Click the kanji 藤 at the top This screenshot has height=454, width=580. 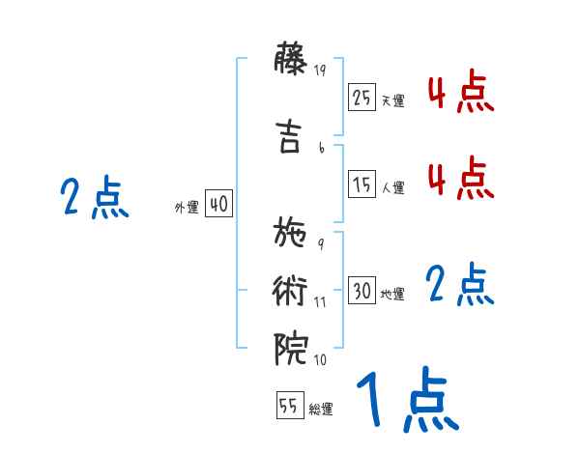(x=291, y=61)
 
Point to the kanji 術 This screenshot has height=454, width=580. (x=291, y=290)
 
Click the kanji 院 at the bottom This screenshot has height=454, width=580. (x=291, y=348)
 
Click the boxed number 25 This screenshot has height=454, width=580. (x=362, y=98)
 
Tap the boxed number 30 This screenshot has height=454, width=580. (x=362, y=291)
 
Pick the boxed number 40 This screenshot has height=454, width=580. (x=218, y=204)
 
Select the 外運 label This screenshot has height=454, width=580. (x=187, y=208)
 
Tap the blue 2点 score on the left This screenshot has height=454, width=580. (x=94, y=198)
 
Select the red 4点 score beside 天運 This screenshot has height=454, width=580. (x=460, y=94)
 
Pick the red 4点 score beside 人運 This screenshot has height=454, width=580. (x=460, y=179)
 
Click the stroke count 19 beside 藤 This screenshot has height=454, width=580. (x=322, y=70)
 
